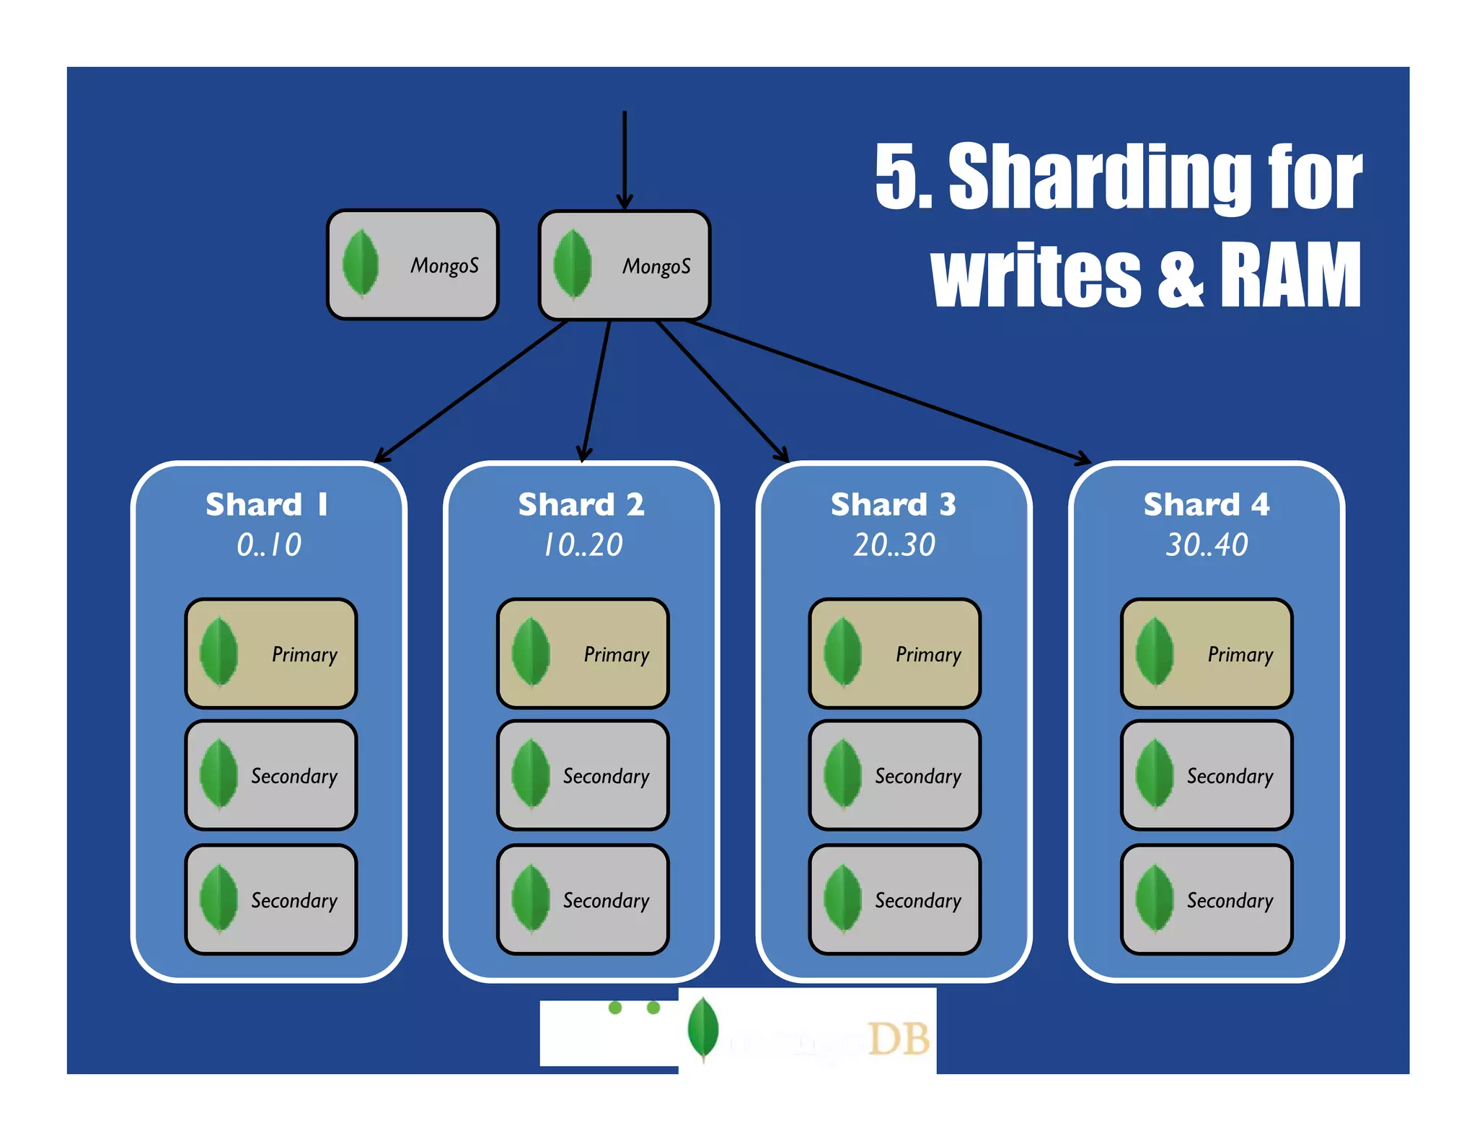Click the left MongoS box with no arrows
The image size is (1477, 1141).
point(413,265)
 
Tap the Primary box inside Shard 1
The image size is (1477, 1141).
point(271,653)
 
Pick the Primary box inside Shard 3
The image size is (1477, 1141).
point(894,653)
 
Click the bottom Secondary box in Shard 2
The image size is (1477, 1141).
point(583,899)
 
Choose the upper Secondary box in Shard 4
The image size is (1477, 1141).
point(1206,775)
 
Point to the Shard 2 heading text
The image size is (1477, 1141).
point(581,504)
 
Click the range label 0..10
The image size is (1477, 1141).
point(269,545)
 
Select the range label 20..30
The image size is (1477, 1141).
point(894,545)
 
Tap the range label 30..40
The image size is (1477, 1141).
point(1207,545)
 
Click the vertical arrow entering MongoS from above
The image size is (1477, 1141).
point(625,159)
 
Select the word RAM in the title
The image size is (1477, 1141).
point(1289,275)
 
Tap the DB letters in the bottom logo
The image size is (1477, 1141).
point(898,1039)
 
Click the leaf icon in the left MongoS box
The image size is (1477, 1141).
point(361,263)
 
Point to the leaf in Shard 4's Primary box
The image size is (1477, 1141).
point(1154,652)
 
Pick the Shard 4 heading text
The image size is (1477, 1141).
point(1206,504)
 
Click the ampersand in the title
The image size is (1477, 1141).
point(1180,276)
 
